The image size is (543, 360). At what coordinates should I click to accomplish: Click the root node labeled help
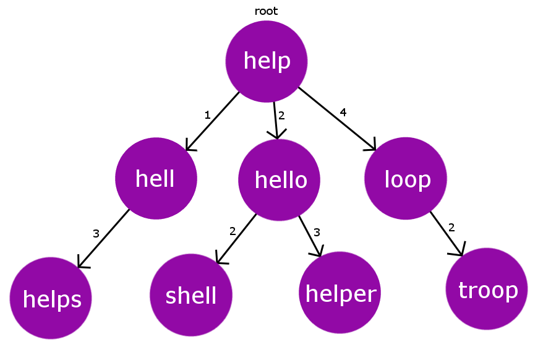(267, 61)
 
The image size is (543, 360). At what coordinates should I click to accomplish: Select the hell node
(156, 179)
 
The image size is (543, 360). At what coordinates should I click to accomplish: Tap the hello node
(280, 180)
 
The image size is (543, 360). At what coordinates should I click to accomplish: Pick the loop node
(406, 179)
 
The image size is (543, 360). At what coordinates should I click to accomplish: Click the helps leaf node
(51, 299)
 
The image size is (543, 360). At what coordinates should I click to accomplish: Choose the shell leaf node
(191, 296)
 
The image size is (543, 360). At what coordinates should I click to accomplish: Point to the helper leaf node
(340, 293)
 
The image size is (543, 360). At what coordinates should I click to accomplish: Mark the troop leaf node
(487, 289)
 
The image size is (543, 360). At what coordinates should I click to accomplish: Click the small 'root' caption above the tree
(266, 11)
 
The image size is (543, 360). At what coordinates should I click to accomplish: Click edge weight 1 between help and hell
(207, 114)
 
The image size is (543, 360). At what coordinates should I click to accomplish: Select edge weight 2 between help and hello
(281, 115)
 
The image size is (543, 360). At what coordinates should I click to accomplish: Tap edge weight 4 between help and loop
(343, 112)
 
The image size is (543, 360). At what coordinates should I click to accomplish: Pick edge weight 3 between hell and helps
(96, 233)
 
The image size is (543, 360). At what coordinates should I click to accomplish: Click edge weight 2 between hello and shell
(233, 231)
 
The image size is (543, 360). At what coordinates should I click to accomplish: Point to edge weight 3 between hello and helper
(317, 232)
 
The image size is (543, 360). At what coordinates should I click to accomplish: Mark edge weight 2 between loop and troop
(451, 228)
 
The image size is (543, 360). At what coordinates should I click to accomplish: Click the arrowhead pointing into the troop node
(459, 251)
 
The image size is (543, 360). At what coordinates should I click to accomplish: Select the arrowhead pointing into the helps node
(81, 264)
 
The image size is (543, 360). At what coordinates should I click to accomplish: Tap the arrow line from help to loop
(337, 119)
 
